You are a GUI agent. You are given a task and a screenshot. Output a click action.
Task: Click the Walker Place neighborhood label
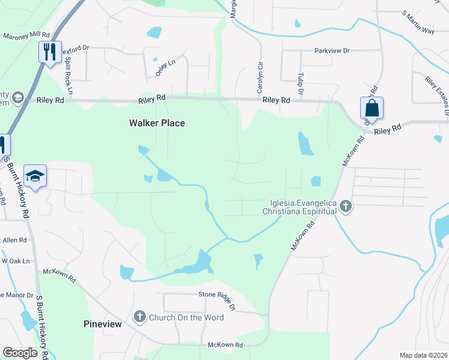[157, 123]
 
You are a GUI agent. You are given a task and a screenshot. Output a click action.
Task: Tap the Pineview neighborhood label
[102, 324]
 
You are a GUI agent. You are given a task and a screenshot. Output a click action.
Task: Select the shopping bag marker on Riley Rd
[372, 108]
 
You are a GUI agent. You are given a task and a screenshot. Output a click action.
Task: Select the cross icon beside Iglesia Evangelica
[345, 206]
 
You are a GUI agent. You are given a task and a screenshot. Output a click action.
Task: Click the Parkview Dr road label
[332, 51]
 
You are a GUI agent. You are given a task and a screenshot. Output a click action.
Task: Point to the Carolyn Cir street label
[261, 76]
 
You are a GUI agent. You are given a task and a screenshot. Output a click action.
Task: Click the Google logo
[20, 353]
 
